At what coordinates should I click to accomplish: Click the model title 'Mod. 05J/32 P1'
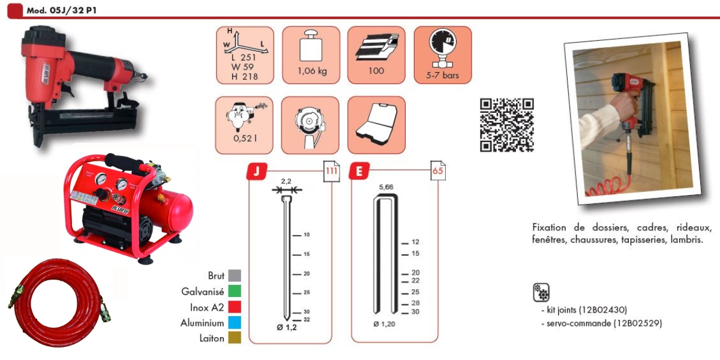(x=61, y=10)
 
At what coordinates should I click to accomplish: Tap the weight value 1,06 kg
(x=312, y=71)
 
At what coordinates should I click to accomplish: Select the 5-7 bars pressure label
(x=442, y=75)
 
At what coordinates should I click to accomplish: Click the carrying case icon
(x=377, y=124)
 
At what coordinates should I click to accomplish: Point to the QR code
(x=507, y=125)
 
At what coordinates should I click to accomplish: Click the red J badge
(x=257, y=172)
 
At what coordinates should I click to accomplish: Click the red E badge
(x=359, y=172)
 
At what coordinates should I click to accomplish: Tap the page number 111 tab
(x=331, y=171)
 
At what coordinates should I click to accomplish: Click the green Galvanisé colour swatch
(x=235, y=291)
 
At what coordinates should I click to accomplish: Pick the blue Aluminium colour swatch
(x=235, y=322)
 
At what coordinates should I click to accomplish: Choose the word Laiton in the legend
(x=212, y=338)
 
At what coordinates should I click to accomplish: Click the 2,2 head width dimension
(x=286, y=181)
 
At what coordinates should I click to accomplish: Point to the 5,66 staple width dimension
(x=386, y=187)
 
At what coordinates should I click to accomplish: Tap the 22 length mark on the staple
(x=415, y=281)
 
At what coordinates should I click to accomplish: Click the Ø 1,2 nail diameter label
(x=287, y=328)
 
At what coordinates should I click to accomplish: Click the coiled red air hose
(x=60, y=303)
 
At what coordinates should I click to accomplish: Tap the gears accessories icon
(x=541, y=292)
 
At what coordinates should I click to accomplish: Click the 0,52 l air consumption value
(x=245, y=139)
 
